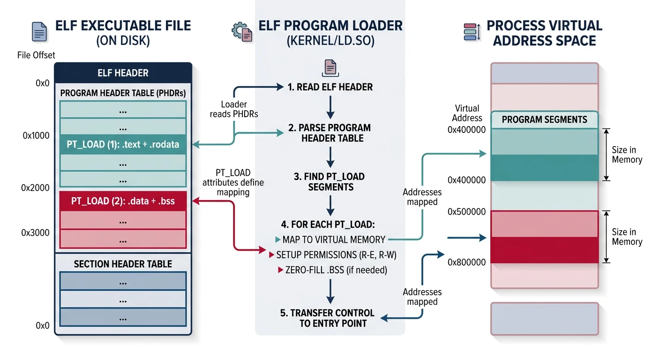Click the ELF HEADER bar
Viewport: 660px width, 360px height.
tap(123, 73)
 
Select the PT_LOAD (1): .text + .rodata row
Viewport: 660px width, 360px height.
tap(123, 144)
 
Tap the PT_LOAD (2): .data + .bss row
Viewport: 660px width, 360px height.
tap(123, 201)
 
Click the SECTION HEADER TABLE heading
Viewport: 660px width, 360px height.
tap(123, 264)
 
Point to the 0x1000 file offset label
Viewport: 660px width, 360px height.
tap(36, 136)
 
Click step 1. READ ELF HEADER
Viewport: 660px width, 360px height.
tap(330, 87)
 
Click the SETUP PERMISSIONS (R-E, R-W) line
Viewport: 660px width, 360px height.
tap(331, 255)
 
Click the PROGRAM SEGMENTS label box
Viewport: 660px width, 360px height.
tap(544, 120)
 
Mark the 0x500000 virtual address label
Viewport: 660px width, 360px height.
tap(466, 212)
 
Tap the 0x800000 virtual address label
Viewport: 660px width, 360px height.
tap(466, 262)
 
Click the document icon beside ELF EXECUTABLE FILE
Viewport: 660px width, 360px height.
tap(39, 31)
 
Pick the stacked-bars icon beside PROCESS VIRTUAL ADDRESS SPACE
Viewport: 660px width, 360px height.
tap(471, 31)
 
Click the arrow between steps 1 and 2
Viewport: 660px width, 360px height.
tap(330, 107)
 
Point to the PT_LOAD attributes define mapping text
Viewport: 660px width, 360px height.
tap(233, 182)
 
